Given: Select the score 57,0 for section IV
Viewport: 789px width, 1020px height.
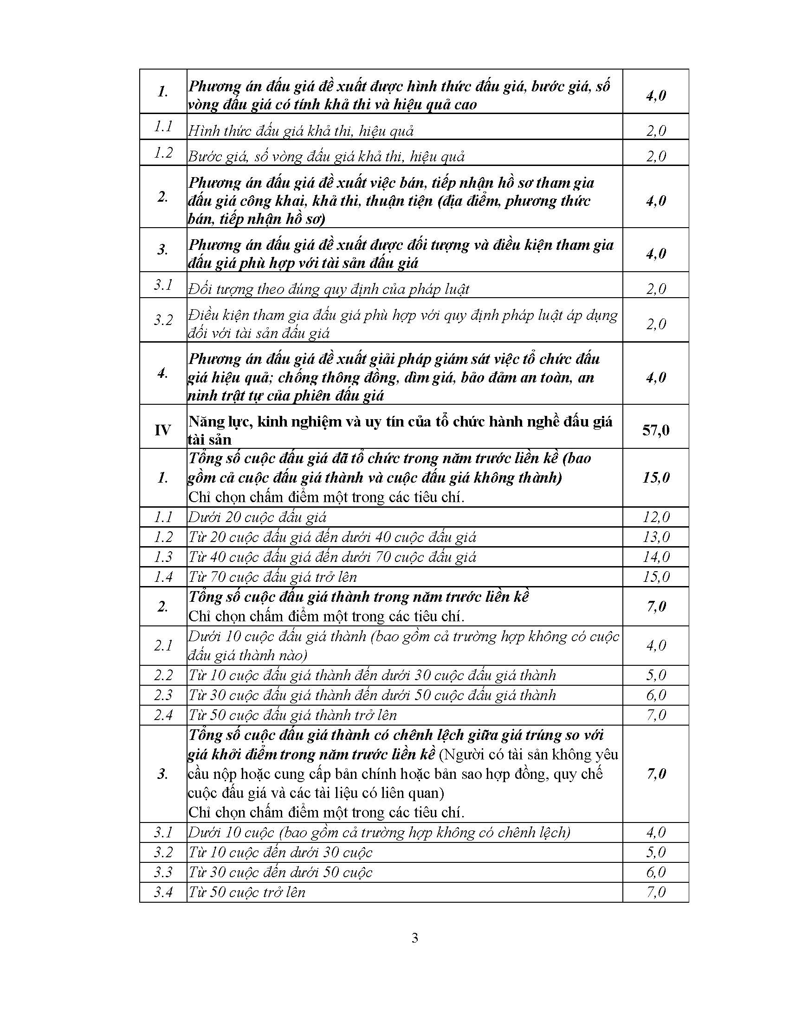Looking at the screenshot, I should click(x=655, y=430).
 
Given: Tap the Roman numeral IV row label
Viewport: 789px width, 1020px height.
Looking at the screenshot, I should click(x=162, y=430).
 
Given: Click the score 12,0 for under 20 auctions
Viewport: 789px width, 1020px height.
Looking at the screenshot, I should click(x=656, y=517).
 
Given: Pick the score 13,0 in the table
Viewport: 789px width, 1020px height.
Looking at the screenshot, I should click(x=656, y=537).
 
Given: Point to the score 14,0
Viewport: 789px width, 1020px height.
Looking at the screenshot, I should click(x=656, y=557).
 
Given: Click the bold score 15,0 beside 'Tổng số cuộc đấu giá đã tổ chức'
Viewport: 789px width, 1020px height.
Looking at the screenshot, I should click(x=656, y=477).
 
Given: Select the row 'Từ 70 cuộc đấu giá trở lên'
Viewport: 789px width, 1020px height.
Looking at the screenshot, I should click(x=272, y=577).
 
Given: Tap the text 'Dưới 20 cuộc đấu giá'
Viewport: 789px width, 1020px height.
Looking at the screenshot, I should click(x=257, y=517).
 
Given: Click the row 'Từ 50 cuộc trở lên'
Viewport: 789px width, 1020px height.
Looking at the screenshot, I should click(x=247, y=892).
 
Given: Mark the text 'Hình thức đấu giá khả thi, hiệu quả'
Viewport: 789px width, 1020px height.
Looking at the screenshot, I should click(x=301, y=131).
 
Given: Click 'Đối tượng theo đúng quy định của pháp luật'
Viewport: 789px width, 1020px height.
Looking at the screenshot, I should click(x=329, y=290).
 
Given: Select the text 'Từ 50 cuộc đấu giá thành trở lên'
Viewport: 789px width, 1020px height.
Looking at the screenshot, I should click(x=292, y=715).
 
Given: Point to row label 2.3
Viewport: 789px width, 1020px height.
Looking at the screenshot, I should click(x=163, y=695).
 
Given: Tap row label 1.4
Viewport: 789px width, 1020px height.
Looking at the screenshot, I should click(x=163, y=577).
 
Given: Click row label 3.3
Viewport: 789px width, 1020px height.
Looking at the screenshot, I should click(x=163, y=873).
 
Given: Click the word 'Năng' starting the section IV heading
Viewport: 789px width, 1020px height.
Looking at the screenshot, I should click(x=205, y=422).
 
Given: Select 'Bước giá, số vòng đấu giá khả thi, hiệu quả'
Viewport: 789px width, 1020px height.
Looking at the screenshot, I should click(x=326, y=156).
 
